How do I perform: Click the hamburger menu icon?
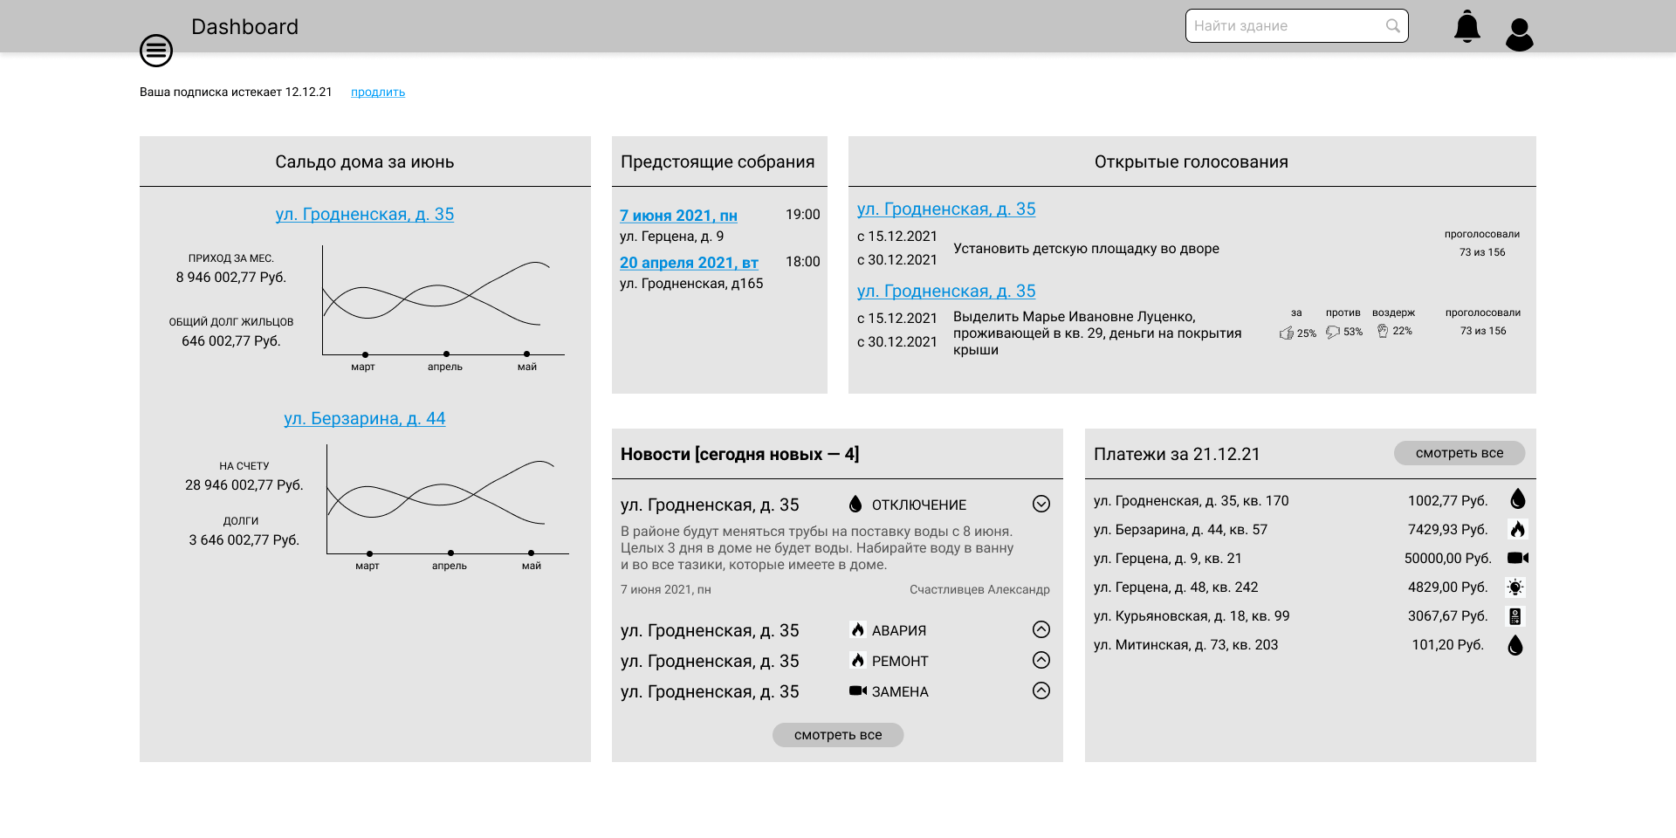(x=156, y=51)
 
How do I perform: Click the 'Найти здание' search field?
(x=1296, y=26)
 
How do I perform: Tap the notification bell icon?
(x=1467, y=26)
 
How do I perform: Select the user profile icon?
(x=1520, y=35)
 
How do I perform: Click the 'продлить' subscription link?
(x=378, y=92)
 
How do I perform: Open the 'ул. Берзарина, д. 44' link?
(x=365, y=418)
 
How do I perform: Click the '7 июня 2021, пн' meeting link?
(x=678, y=216)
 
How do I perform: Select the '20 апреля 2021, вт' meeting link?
(x=689, y=263)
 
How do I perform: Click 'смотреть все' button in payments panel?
(x=1460, y=453)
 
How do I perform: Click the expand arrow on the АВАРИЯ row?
(x=1041, y=629)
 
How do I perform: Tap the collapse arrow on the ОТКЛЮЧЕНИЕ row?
(x=1041, y=504)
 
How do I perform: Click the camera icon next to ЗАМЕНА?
(x=858, y=690)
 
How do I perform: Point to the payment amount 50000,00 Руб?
(x=1447, y=559)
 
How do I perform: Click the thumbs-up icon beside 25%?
(x=1287, y=333)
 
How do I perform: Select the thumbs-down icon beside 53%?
(x=1333, y=332)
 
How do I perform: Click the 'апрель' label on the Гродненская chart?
(x=445, y=367)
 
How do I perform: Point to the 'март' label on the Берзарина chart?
(x=367, y=566)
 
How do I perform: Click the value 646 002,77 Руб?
(x=231, y=341)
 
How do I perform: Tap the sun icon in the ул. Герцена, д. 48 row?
(x=1515, y=587)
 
